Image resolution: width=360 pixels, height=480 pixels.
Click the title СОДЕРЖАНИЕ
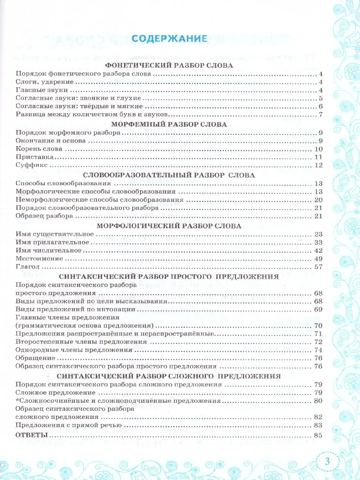click(169, 39)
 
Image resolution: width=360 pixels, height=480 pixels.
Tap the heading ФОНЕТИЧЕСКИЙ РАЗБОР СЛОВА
click(168, 66)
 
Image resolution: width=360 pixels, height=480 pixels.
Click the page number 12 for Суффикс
click(318, 166)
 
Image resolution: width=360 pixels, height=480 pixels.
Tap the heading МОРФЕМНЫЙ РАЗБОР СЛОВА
click(168, 124)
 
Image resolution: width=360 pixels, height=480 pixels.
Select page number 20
click(318, 200)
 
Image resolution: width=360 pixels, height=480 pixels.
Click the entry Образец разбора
click(44, 216)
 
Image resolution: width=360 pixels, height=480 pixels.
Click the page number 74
click(318, 350)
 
